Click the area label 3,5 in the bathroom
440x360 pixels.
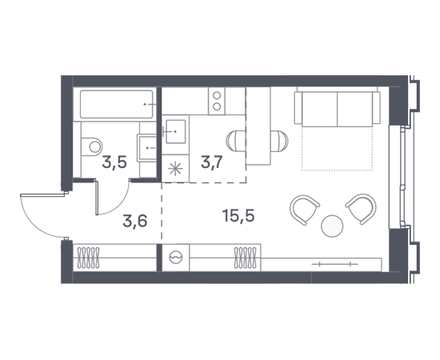point(114,162)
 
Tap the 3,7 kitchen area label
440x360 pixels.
point(212,162)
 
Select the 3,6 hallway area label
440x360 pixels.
point(135,221)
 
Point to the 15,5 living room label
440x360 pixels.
point(238,216)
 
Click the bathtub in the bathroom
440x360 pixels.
point(117,104)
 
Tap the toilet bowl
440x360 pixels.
point(92,146)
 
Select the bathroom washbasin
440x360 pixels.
point(146,147)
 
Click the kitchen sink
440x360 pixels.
point(176,131)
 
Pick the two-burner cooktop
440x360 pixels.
point(217,101)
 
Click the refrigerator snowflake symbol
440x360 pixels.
point(175,169)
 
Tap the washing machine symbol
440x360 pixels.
point(176,258)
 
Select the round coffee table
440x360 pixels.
point(332,226)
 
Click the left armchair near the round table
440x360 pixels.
point(305,210)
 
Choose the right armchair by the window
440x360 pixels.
point(361,209)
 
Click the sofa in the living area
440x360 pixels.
point(338,108)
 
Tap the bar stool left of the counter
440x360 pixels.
point(236,141)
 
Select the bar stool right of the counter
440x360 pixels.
point(279,141)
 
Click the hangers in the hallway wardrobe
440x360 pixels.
point(88,258)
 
